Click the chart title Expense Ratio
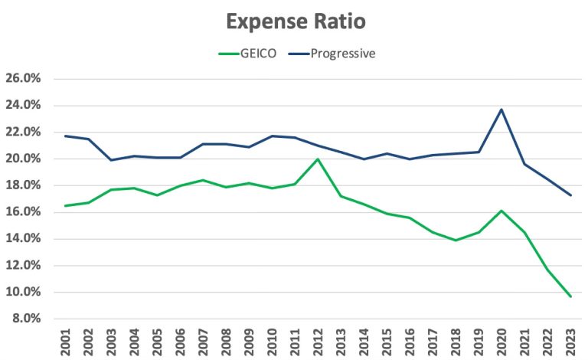[295, 21]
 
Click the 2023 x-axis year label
[571, 342]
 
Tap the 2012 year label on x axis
[318, 342]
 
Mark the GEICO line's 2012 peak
[318, 159]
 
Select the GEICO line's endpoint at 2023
[570, 296]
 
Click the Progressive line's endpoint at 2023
[570, 195]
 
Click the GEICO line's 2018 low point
[456, 241]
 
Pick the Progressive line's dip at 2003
[111, 160]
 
